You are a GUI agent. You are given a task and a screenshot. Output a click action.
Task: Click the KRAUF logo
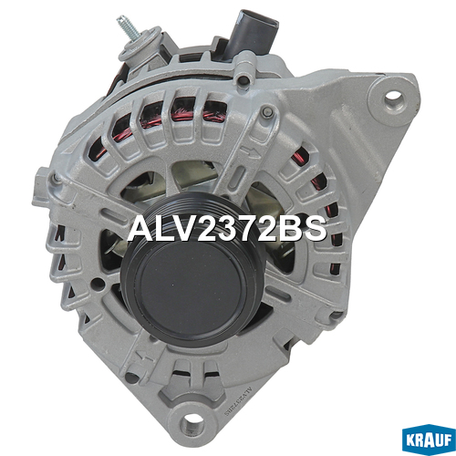[429, 440]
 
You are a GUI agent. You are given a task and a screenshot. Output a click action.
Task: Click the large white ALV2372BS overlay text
[227, 229]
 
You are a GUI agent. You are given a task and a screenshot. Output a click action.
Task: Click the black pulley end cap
[191, 292]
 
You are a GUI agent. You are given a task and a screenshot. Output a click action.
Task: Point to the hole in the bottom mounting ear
[191, 422]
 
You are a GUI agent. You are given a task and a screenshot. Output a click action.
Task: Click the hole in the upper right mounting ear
[394, 97]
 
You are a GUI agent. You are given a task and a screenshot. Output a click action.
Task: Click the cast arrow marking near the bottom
[143, 358]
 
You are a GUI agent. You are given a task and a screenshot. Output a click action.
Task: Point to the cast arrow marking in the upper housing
[250, 152]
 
